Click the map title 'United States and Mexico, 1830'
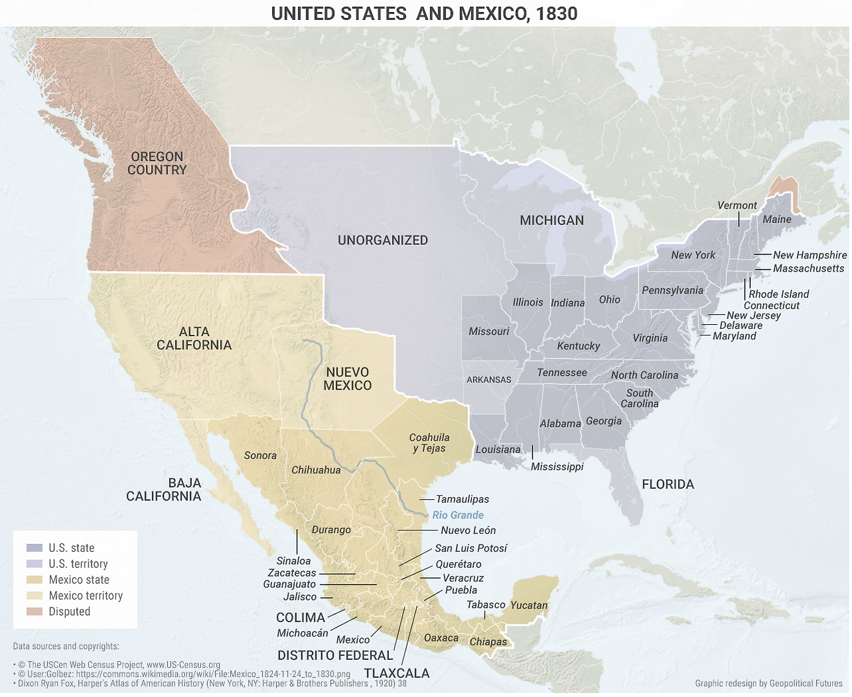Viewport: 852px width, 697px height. pyautogui.click(x=424, y=13)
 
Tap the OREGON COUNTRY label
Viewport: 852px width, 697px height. pyautogui.click(x=157, y=163)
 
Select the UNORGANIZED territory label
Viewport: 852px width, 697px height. pyautogui.click(x=383, y=240)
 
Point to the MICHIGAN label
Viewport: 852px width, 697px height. pyautogui.click(x=552, y=220)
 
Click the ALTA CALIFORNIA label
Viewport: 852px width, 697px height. pyautogui.click(x=194, y=338)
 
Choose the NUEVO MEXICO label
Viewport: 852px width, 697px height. pyautogui.click(x=347, y=379)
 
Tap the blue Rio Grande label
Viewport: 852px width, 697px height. pyautogui.click(x=458, y=515)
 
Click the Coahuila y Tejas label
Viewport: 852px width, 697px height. pyautogui.click(x=429, y=443)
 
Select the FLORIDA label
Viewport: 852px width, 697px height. pyautogui.click(x=668, y=485)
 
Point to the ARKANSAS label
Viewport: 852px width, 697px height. pyautogui.click(x=489, y=379)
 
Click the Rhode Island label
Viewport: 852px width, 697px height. pyautogui.click(x=779, y=294)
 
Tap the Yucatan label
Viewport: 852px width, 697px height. pyautogui.click(x=529, y=605)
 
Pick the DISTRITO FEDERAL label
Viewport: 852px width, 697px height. pyautogui.click(x=335, y=656)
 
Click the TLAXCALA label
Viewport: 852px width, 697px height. pyautogui.click(x=397, y=673)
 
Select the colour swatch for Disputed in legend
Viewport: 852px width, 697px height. pyautogui.click(x=35, y=612)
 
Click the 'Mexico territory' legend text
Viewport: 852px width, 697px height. pyautogui.click(x=86, y=596)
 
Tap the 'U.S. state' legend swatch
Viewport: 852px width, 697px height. pyautogui.click(x=35, y=548)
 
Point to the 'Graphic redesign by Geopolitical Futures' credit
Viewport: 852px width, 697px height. pyautogui.click(x=769, y=683)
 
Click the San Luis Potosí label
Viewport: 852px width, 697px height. pyautogui.click(x=471, y=549)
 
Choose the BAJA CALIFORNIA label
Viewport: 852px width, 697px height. pyautogui.click(x=164, y=489)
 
